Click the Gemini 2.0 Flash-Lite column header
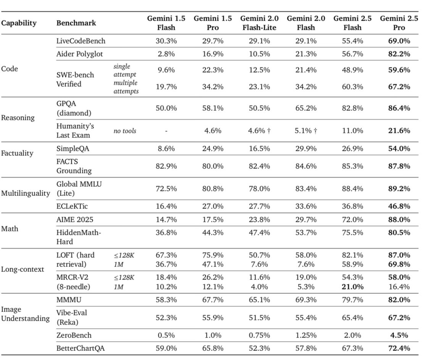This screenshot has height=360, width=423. [x=259, y=23]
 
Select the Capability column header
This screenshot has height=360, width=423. [x=19, y=23]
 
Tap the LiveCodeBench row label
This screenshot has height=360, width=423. [x=81, y=41]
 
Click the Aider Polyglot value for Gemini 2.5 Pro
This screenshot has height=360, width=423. [x=399, y=54]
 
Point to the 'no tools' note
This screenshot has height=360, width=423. [x=124, y=131]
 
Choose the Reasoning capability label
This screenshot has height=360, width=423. [x=18, y=118]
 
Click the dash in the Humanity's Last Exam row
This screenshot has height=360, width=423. [x=166, y=131]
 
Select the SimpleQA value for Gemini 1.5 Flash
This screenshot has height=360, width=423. [x=166, y=149]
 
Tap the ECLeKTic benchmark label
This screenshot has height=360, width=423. [x=72, y=206]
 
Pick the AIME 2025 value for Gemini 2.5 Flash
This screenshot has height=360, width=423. [x=352, y=220]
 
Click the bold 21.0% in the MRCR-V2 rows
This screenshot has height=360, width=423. [x=352, y=287]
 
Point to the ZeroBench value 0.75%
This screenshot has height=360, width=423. [x=259, y=335]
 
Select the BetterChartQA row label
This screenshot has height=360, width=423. [x=81, y=348]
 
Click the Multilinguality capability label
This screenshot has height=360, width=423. [x=26, y=194]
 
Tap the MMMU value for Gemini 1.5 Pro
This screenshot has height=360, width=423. [x=213, y=300]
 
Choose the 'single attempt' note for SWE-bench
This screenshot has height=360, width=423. [x=124, y=70]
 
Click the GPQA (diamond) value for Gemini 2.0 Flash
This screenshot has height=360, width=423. [x=306, y=108]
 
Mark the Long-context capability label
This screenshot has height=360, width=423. [x=23, y=269]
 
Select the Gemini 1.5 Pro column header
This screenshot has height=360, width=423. [x=213, y=23]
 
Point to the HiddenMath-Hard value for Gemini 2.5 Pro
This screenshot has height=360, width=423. [x=399, y=232]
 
